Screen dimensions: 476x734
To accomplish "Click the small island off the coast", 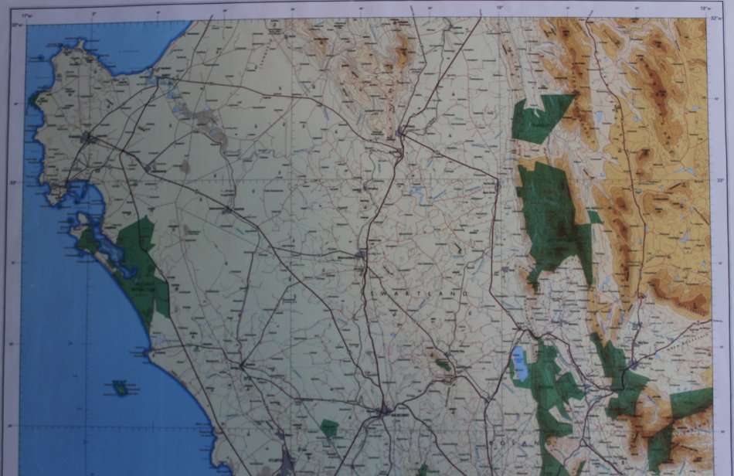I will [121, 387].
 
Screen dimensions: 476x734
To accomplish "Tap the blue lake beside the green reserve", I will [521, 362].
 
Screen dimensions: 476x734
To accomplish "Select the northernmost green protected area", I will [543, 117].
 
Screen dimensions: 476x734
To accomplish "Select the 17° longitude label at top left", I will [27, 15].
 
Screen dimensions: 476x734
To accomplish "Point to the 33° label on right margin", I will [720, 181].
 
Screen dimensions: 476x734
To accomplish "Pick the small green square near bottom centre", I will [330, 428].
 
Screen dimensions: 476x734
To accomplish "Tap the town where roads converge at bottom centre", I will [384, 411].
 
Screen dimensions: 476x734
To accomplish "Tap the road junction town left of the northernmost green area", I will [401, 134].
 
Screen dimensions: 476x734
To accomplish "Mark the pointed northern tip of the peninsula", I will [77, 43].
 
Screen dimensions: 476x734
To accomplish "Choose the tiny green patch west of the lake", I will [443, 363].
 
